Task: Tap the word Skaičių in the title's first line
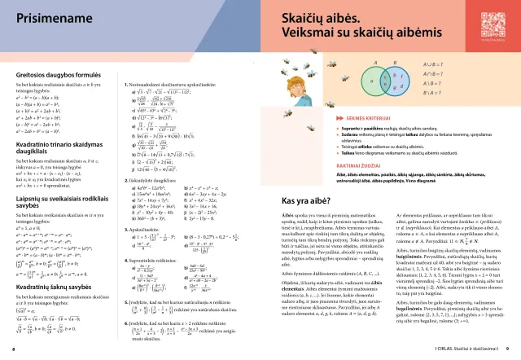click(x=310, y=18)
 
